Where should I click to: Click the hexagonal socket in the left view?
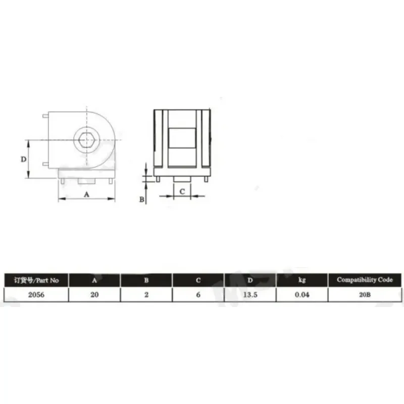87,140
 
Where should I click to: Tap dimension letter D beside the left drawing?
23,159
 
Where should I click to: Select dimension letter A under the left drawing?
86,194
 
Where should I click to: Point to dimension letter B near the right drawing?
142,199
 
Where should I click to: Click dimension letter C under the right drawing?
182,191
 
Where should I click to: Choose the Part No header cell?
36,280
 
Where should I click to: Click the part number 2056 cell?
36,294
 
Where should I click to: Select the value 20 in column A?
94,294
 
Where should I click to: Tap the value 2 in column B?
146,294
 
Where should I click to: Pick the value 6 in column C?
198,294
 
